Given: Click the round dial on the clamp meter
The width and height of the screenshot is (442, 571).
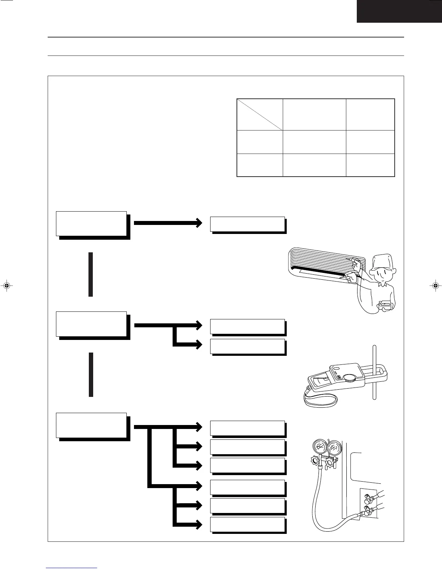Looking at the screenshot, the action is point(349,378).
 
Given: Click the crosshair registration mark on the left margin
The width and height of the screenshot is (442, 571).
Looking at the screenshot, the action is point(6,285).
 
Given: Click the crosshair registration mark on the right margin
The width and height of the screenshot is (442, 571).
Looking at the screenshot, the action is point(435,285).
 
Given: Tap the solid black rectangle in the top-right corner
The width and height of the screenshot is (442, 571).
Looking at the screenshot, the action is point(399,11).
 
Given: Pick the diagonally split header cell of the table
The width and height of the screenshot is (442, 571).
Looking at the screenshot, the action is point(260,114).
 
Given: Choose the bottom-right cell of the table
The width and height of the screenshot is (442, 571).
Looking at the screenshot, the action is point(370,165).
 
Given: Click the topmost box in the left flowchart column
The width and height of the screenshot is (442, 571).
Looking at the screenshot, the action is point(91,223).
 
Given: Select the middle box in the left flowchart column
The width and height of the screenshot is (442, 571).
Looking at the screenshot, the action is point(91,324).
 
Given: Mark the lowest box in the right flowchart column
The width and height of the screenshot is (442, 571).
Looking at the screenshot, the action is point(247,524).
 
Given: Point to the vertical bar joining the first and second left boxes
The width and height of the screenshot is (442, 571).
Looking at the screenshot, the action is point(91,274).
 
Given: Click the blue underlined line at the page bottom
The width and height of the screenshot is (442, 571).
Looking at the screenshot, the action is point(71,568).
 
